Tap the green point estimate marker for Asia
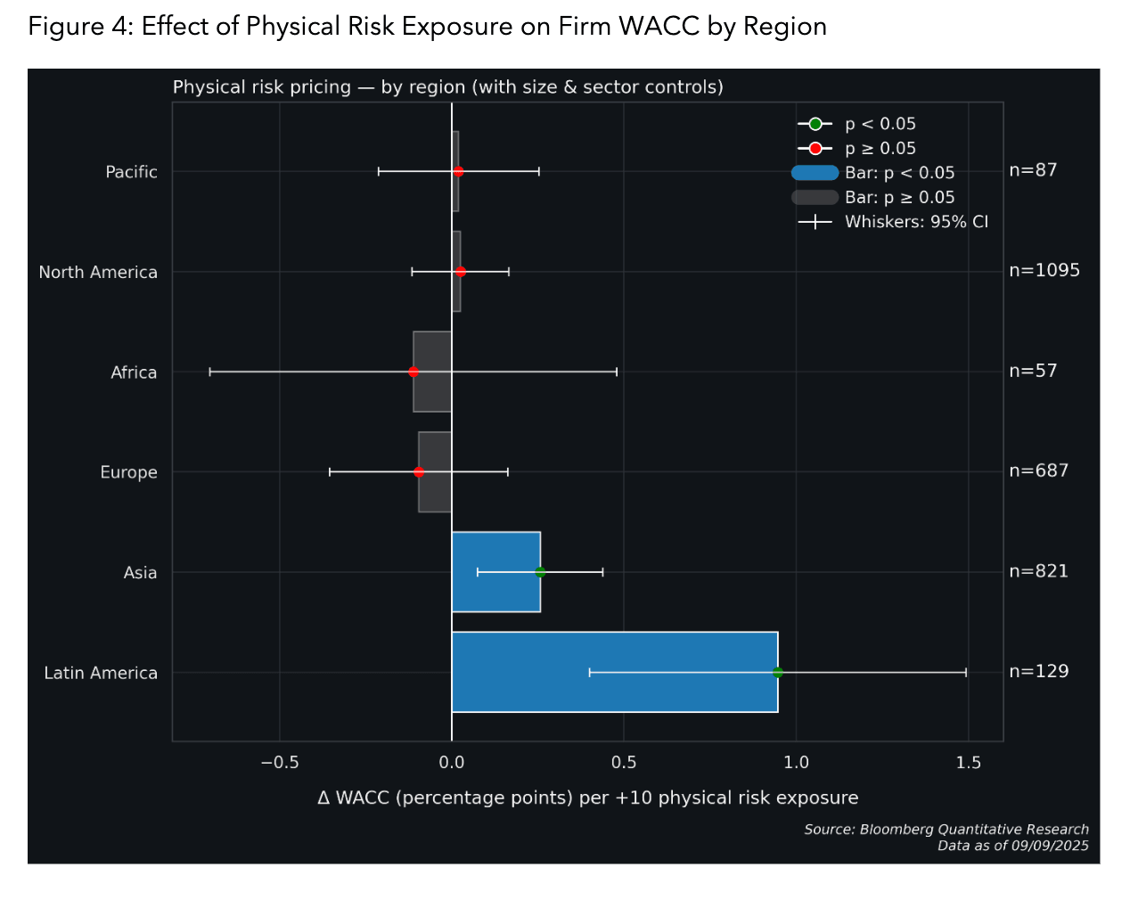click(540, 572)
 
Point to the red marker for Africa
click(414, 372)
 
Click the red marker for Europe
click(419, 472)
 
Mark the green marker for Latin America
click(778, 672)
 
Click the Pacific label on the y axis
click(131, 172)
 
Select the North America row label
click(98, 273)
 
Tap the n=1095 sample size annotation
click(1044, 270)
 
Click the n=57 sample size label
click(1033, 371)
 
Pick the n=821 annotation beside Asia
click(1038, 571)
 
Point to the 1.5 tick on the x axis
click(968, 763)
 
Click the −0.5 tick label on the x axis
click(279, 763)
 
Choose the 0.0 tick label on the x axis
click(452, 763)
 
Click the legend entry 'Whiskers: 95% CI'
click(916, 222)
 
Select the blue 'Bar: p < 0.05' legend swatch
click(815, 173)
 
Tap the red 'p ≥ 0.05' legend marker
click(815, 149)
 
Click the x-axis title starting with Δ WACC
click(587, 798)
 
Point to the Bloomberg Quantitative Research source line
click(946, 830)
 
